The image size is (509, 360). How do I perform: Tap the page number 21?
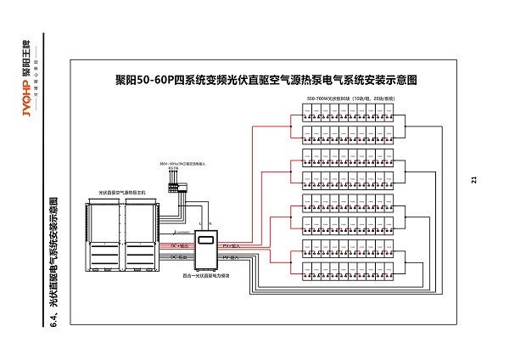pos(474,179)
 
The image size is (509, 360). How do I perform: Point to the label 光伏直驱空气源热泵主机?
pos(122,194)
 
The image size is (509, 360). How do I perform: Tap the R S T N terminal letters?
pos(175,168)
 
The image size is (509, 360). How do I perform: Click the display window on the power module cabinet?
pos(207,240)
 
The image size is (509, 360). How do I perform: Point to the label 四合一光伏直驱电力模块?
pos(206,276)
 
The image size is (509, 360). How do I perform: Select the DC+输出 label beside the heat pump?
pos(178,245)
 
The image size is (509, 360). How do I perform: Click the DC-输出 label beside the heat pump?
pos(178,256)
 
